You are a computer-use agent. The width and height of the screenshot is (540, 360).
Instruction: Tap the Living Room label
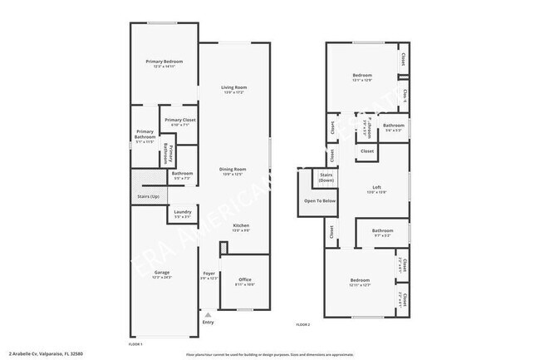point(234,88)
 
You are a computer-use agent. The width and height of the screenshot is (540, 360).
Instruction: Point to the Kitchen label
point(241,226)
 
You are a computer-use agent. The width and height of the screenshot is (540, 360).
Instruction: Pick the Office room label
point(245,279)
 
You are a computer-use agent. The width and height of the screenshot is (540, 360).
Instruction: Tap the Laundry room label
point(183,212)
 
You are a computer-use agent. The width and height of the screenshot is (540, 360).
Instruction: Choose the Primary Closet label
point(179,121)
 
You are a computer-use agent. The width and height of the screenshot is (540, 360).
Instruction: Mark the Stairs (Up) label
point(148,197)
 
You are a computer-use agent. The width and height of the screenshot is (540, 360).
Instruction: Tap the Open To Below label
point(320,201)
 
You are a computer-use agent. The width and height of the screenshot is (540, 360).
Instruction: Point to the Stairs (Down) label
point(326,177)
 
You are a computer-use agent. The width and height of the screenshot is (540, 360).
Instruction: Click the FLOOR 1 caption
point(135,343)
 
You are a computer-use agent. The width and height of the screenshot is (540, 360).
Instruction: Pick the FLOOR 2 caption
point(303,324)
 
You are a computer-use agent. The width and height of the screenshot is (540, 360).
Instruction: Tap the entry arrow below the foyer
point(209,315)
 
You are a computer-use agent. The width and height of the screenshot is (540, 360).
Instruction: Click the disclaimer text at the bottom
point(270,354)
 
